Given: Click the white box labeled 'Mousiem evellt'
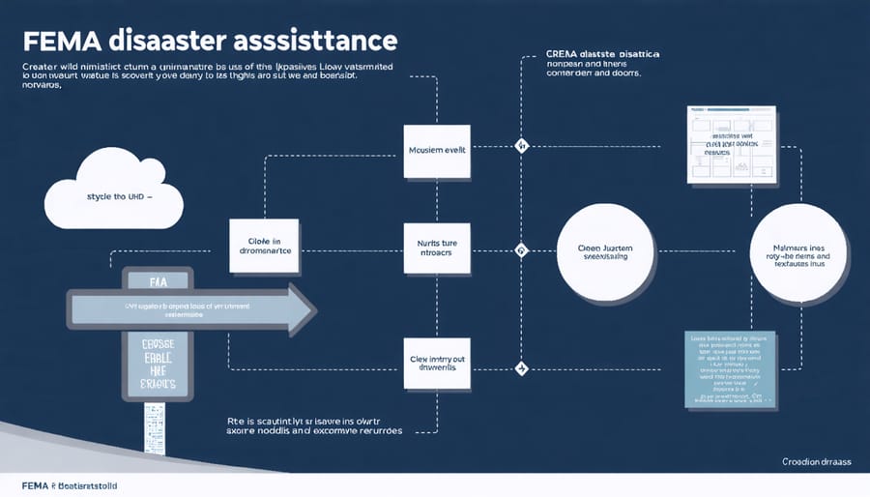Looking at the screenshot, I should (438, 152).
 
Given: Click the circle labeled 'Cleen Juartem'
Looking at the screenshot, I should (606, 251).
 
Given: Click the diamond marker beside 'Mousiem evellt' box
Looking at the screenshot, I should (522, 147).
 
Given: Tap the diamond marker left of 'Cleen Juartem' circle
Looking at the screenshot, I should (522, 251).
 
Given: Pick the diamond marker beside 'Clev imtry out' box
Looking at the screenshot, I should (522, 368).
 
